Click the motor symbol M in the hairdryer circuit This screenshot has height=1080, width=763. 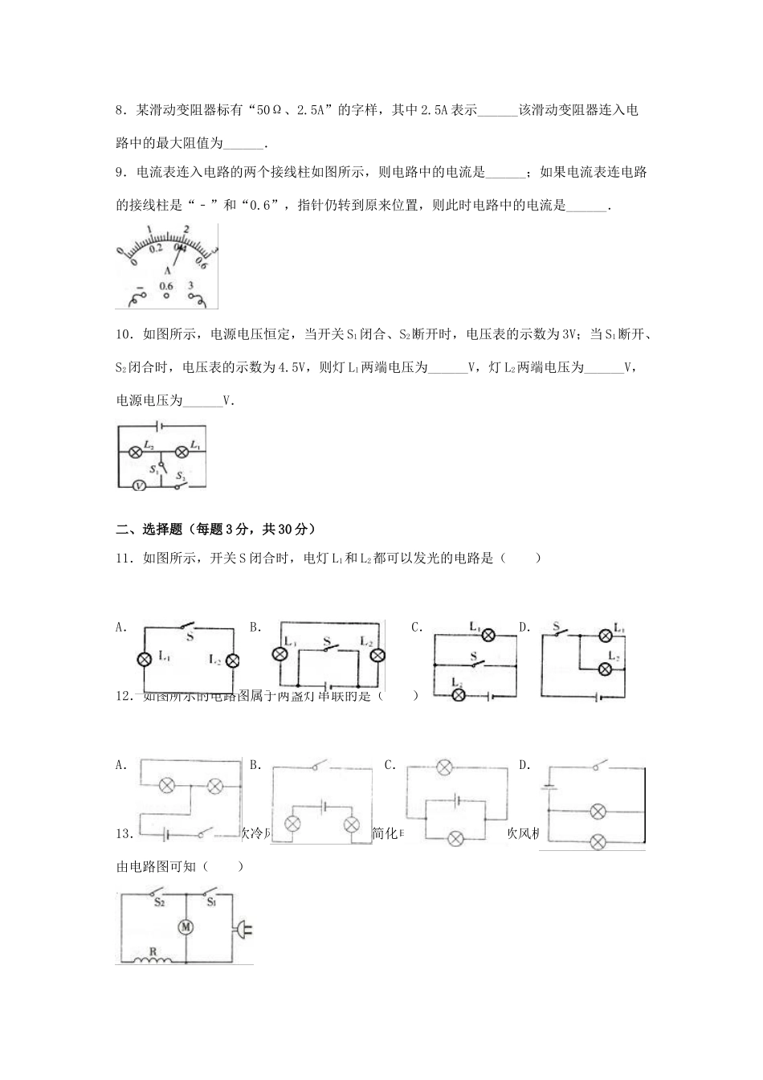pyautogui.click(x=186, y=927)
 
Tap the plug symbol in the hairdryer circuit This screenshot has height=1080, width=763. pyautogui.click(x=242, y=931)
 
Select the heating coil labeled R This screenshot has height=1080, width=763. pyautogui.click(x=149, y=955)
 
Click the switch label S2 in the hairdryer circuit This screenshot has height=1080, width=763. pyautogui.click(x=159, y=902)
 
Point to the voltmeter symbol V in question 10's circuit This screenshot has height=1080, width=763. pyautogui.click(x=137, y=485)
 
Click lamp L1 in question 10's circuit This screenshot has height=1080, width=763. pyautogui.click(x=182, y=450)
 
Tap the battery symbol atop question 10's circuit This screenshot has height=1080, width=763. pyautogui.click(x=160, y=427)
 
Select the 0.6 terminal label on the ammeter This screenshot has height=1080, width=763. pyautogui.click(x=166, y=285)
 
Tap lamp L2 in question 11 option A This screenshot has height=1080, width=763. pyautogui.click(x=232, y=661)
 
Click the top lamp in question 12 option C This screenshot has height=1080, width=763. pyautogui.click(x=443, y=767)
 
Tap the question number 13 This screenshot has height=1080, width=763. pyautogui.click(x=124, y=833)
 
